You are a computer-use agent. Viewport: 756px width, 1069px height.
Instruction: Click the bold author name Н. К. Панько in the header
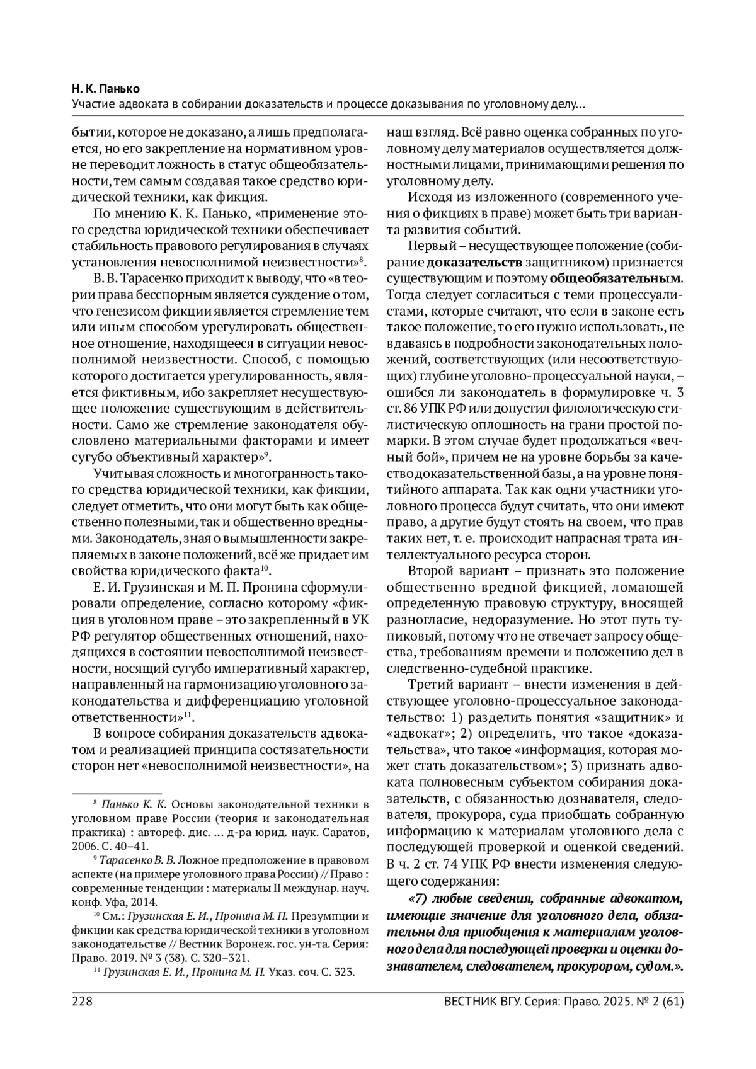106,89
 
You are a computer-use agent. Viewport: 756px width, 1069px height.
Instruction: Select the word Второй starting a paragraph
432,571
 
